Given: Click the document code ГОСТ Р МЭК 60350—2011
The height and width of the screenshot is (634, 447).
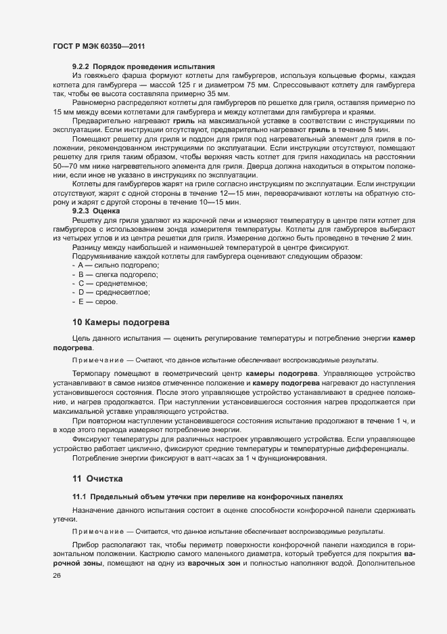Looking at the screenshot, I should click(99, 45).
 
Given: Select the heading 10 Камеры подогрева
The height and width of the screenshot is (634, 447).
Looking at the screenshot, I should click(120, 320).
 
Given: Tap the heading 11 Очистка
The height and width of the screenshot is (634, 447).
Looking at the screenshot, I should click(97, 479).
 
